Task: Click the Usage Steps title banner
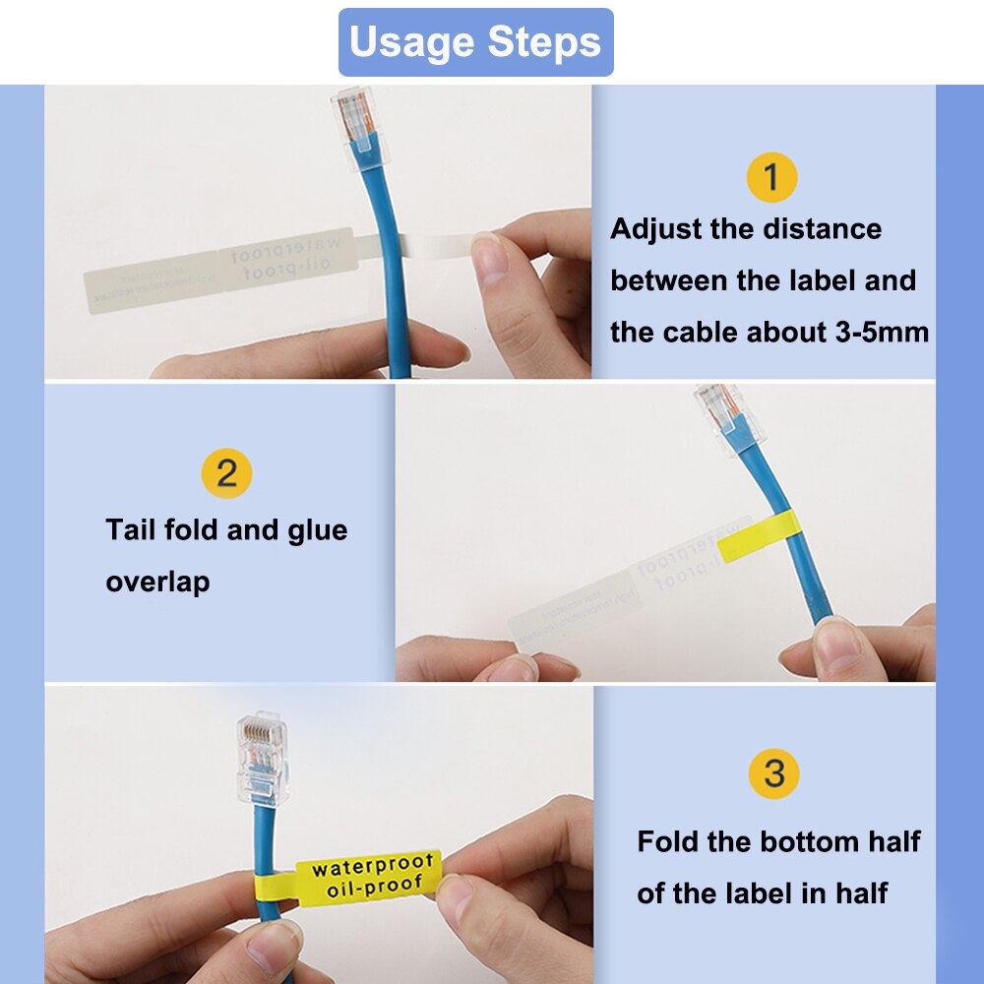475,42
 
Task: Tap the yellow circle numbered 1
771,177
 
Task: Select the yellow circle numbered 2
226,473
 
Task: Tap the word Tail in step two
131,530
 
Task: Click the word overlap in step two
157,582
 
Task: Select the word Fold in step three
671,842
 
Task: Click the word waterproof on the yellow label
372,867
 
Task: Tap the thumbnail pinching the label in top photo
489,259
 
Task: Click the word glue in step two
318,530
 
